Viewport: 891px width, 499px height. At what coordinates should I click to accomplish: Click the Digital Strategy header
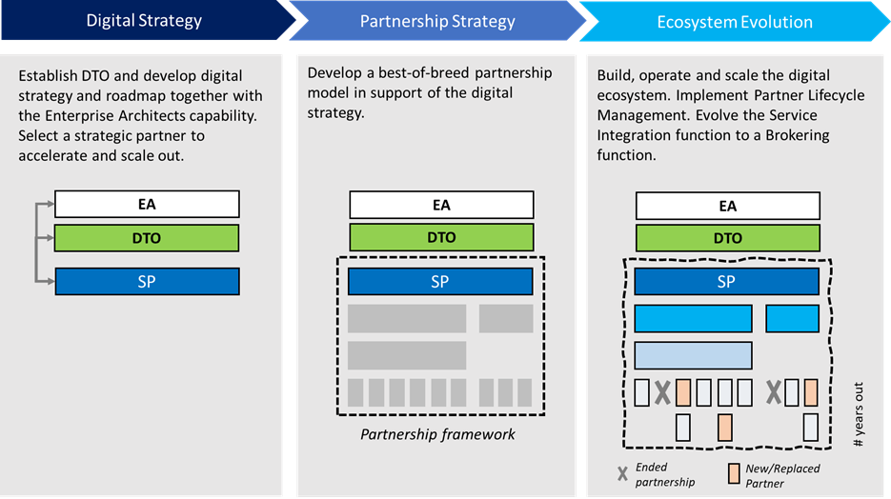[144, 20]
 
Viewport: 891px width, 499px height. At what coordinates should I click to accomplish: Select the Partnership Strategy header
[437, 20]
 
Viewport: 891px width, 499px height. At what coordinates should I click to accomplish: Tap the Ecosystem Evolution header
[735, 21]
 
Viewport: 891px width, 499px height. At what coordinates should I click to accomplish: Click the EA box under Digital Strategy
[147, 204]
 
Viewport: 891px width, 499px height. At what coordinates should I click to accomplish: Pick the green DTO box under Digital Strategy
[147, 238]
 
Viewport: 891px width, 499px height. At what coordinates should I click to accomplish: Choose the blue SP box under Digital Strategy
[147, 282]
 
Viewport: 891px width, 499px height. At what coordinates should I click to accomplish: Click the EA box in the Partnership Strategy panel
[440, 205]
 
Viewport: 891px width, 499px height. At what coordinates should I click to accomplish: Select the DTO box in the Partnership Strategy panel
[440, 237]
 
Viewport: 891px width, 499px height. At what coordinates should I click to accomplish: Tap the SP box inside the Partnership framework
[440, 282]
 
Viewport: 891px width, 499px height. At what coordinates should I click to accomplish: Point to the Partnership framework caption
[437, 434]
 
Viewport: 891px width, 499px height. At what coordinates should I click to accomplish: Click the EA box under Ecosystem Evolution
[727, 206]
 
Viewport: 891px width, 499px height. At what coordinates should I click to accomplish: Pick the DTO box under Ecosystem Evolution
[727, 238]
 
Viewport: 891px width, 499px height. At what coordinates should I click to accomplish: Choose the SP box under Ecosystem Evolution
[727, 282]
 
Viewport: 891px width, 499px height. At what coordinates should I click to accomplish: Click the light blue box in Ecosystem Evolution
[693, 355]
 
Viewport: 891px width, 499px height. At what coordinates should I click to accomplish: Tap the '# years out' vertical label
[859, 415]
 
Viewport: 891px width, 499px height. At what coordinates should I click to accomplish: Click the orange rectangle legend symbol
[734, 472]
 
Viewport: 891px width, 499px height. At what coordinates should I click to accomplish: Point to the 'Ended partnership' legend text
[664, 474]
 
